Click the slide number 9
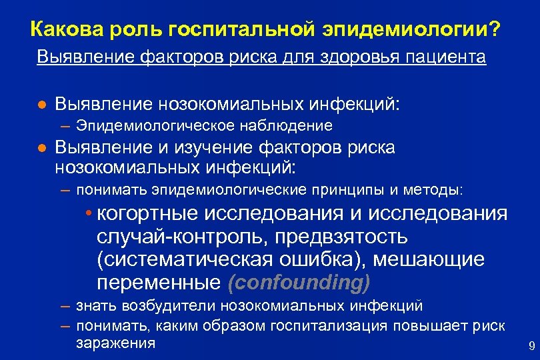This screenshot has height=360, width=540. pos(531,345)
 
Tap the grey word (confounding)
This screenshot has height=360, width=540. pos(299,282)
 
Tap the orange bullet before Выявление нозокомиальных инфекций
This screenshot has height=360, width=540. pos(41,105)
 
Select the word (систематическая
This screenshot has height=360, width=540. pos(194,259)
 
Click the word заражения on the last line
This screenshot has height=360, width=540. pos(115,343)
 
